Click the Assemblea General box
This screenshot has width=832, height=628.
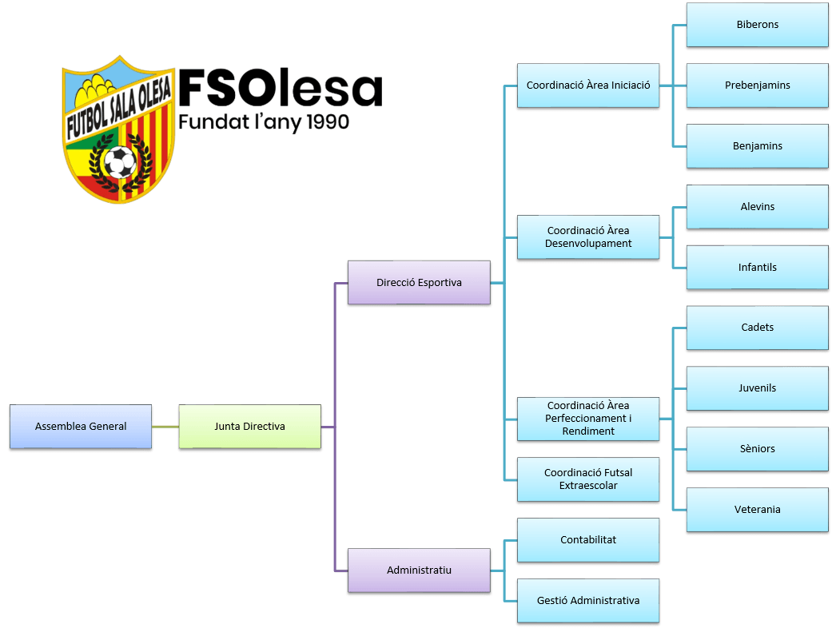[81, 426]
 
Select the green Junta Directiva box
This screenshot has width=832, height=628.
[249, 426]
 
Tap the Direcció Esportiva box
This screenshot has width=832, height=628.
[419, 282]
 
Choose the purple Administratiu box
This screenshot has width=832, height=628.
[419, 570]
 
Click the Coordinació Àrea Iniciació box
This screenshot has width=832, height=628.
[588, 85]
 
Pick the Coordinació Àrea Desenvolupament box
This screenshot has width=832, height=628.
[588, 236]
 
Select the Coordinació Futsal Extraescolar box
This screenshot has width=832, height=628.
[588, 479]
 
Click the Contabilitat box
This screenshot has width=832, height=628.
[588, 539]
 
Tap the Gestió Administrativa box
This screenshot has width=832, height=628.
[588, 600]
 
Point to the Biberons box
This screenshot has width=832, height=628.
[757, 24]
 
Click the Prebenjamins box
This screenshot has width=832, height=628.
[757, 85]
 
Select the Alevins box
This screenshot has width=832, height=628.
[757, 206]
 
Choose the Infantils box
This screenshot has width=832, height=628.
[757, 267]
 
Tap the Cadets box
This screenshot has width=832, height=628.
[757, 327]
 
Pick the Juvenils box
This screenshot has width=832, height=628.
[757, 388]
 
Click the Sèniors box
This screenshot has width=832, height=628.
[757, 448]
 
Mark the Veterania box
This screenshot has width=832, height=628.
[757, 509]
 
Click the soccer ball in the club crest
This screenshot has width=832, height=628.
[120, 163]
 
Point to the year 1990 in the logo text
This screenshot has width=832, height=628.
[323, 121]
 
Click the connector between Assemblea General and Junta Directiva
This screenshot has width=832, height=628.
[165, 427]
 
